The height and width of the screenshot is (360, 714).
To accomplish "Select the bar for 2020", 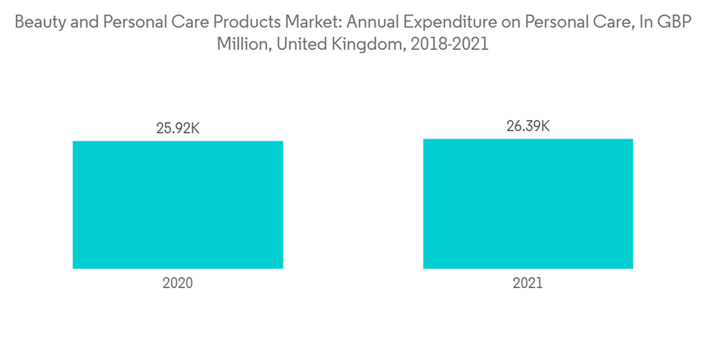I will pyautogui.click(x=178, y=204).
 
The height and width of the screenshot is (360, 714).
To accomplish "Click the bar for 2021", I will pyautogui.click(x=528, y=204).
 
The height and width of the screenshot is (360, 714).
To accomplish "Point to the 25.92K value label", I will pyautogui.click(x=178, y=129).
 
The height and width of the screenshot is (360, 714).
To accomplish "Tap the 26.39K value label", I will pyautogui.click(x=528, y=126).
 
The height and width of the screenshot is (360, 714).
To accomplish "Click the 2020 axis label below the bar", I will pyautogui.click(x=178, y=283).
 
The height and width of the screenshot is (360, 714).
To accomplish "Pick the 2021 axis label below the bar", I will pyautogui.click(x=528, y=283).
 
